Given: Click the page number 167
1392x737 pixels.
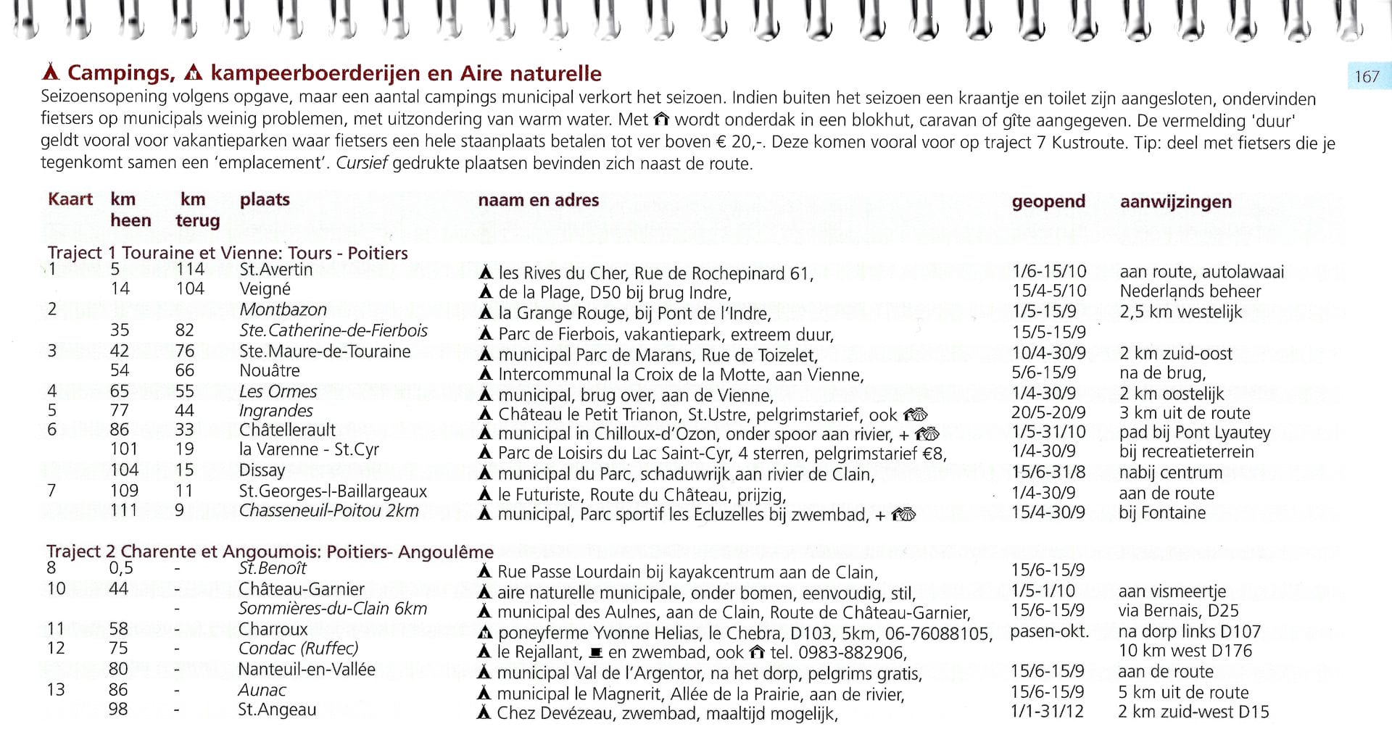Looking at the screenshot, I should tap(1367, 77).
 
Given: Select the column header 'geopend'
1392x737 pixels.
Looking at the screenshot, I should tap(1048, 201).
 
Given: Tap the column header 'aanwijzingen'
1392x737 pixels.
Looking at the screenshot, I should tap(1175, 201).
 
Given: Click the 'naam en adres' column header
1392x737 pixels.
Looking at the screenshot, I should tap(538, 200).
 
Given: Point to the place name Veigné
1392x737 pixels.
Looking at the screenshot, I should tap(265, 289).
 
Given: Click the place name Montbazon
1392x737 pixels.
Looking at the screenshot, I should tap(283, 309).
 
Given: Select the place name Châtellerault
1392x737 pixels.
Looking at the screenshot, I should tap(287, 430).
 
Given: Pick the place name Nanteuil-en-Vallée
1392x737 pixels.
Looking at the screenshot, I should tap(306, 669).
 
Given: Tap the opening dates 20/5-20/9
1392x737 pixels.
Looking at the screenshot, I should tap(1048, 413).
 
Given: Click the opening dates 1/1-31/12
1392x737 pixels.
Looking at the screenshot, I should tap(1047, 712).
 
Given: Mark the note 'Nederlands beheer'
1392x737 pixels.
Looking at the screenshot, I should tap(1190, 291).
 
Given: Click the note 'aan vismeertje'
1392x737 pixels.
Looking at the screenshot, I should tap(1172, 591).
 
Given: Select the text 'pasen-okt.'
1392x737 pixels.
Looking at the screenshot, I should tap(1049, 631).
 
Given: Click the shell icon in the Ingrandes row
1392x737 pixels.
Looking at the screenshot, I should tap(915, 415).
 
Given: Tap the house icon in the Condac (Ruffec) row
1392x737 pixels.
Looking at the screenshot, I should tap(757, 652).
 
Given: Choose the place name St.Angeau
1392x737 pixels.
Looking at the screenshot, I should tap(277, 709).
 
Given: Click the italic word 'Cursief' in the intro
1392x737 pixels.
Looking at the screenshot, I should tap(362, 163).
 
